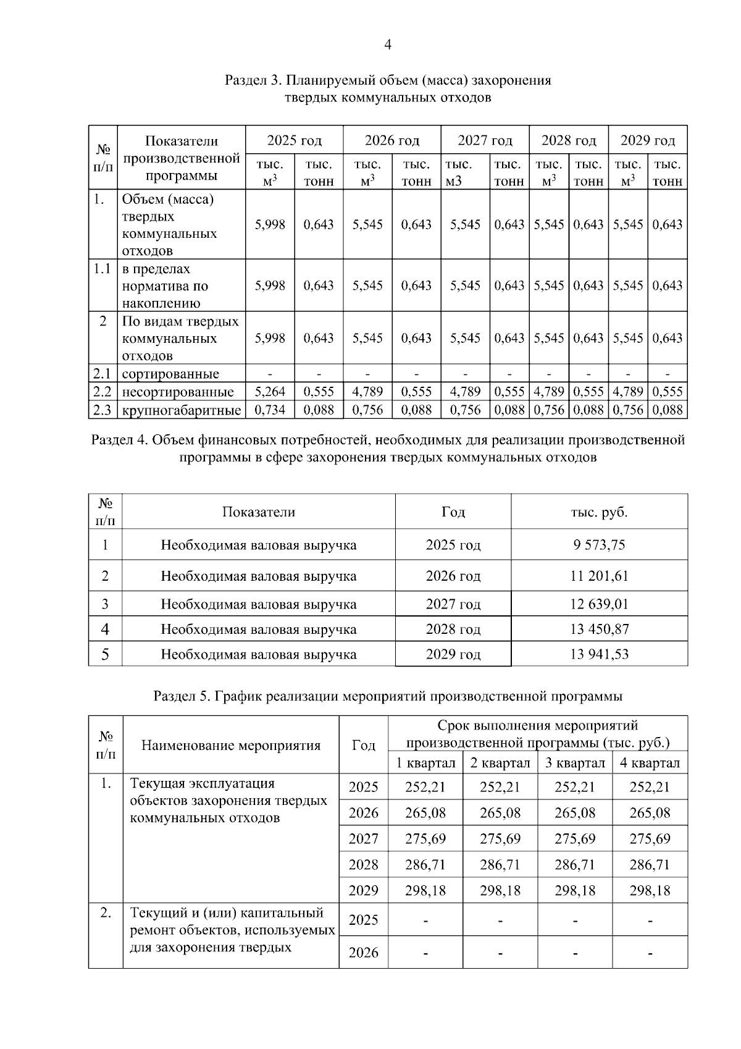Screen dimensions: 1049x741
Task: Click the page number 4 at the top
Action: pyautogui.click(x=387, y=44)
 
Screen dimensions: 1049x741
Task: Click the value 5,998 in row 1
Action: pyautogui.click(x=270, y=225)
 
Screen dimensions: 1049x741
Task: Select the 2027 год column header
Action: pyautogui.click(x=485, y=141)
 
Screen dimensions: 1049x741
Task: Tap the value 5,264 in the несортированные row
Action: pyautogui.click(x=270, y=392)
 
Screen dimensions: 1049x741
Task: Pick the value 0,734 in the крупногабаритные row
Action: pyautogui.click(x=270, y=410)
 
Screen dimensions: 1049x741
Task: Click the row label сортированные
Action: pyautogui.click(x=170, y=374)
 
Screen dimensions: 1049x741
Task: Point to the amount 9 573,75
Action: pyautogui.click(x=598, y=545)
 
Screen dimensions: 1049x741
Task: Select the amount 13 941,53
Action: pyautogui.click(x=598, y=654)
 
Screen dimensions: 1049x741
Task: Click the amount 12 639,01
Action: pyautogui.click(x=598, y=604)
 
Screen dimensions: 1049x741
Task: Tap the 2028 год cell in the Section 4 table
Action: pyautogui.click(x=453, y=630)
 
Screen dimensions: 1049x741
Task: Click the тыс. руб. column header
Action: pyautogui.click(x=598, y=512)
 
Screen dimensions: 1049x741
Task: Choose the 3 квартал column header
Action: pyautogui.click(x=574, y=763)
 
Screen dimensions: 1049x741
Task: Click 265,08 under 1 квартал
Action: pyautogui.click(x=425, y=813)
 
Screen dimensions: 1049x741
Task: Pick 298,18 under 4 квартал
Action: pyautogui.click(x=650, y=891)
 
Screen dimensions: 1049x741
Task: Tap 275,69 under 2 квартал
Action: pyautogui.click(x=500, y=839)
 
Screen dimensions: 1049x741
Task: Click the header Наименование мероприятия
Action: pyautogui.click(x=231, y=746)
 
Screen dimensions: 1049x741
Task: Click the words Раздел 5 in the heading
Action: pyautogui.click(x=182, y=696)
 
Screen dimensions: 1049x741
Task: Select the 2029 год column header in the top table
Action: pyautogui.click(x=647, y=141)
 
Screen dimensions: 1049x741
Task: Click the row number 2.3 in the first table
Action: pyautogui.click(x=102, y=410)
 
